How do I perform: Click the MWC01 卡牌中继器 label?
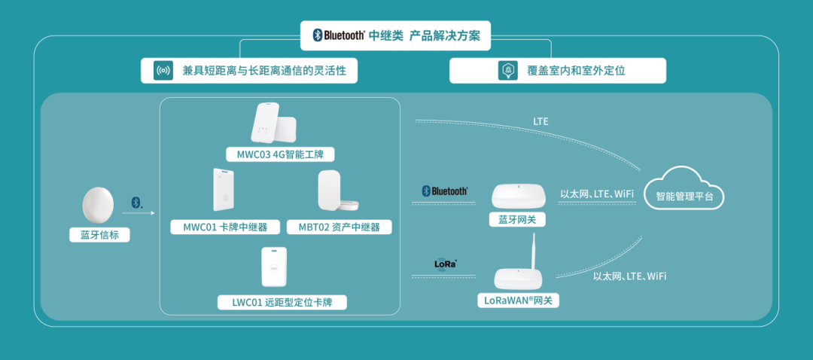click(220, 227)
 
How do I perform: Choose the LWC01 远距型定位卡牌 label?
click(281, 303)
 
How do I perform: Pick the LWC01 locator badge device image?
click(273, 268)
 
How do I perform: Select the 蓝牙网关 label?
click(517, 220)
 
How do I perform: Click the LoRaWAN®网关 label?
click(518, 301)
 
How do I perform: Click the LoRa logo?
click(446, 264)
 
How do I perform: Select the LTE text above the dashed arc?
click(540, 121)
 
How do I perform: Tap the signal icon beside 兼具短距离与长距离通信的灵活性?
click(163, 72)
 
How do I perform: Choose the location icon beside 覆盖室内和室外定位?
click(507, 72)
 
